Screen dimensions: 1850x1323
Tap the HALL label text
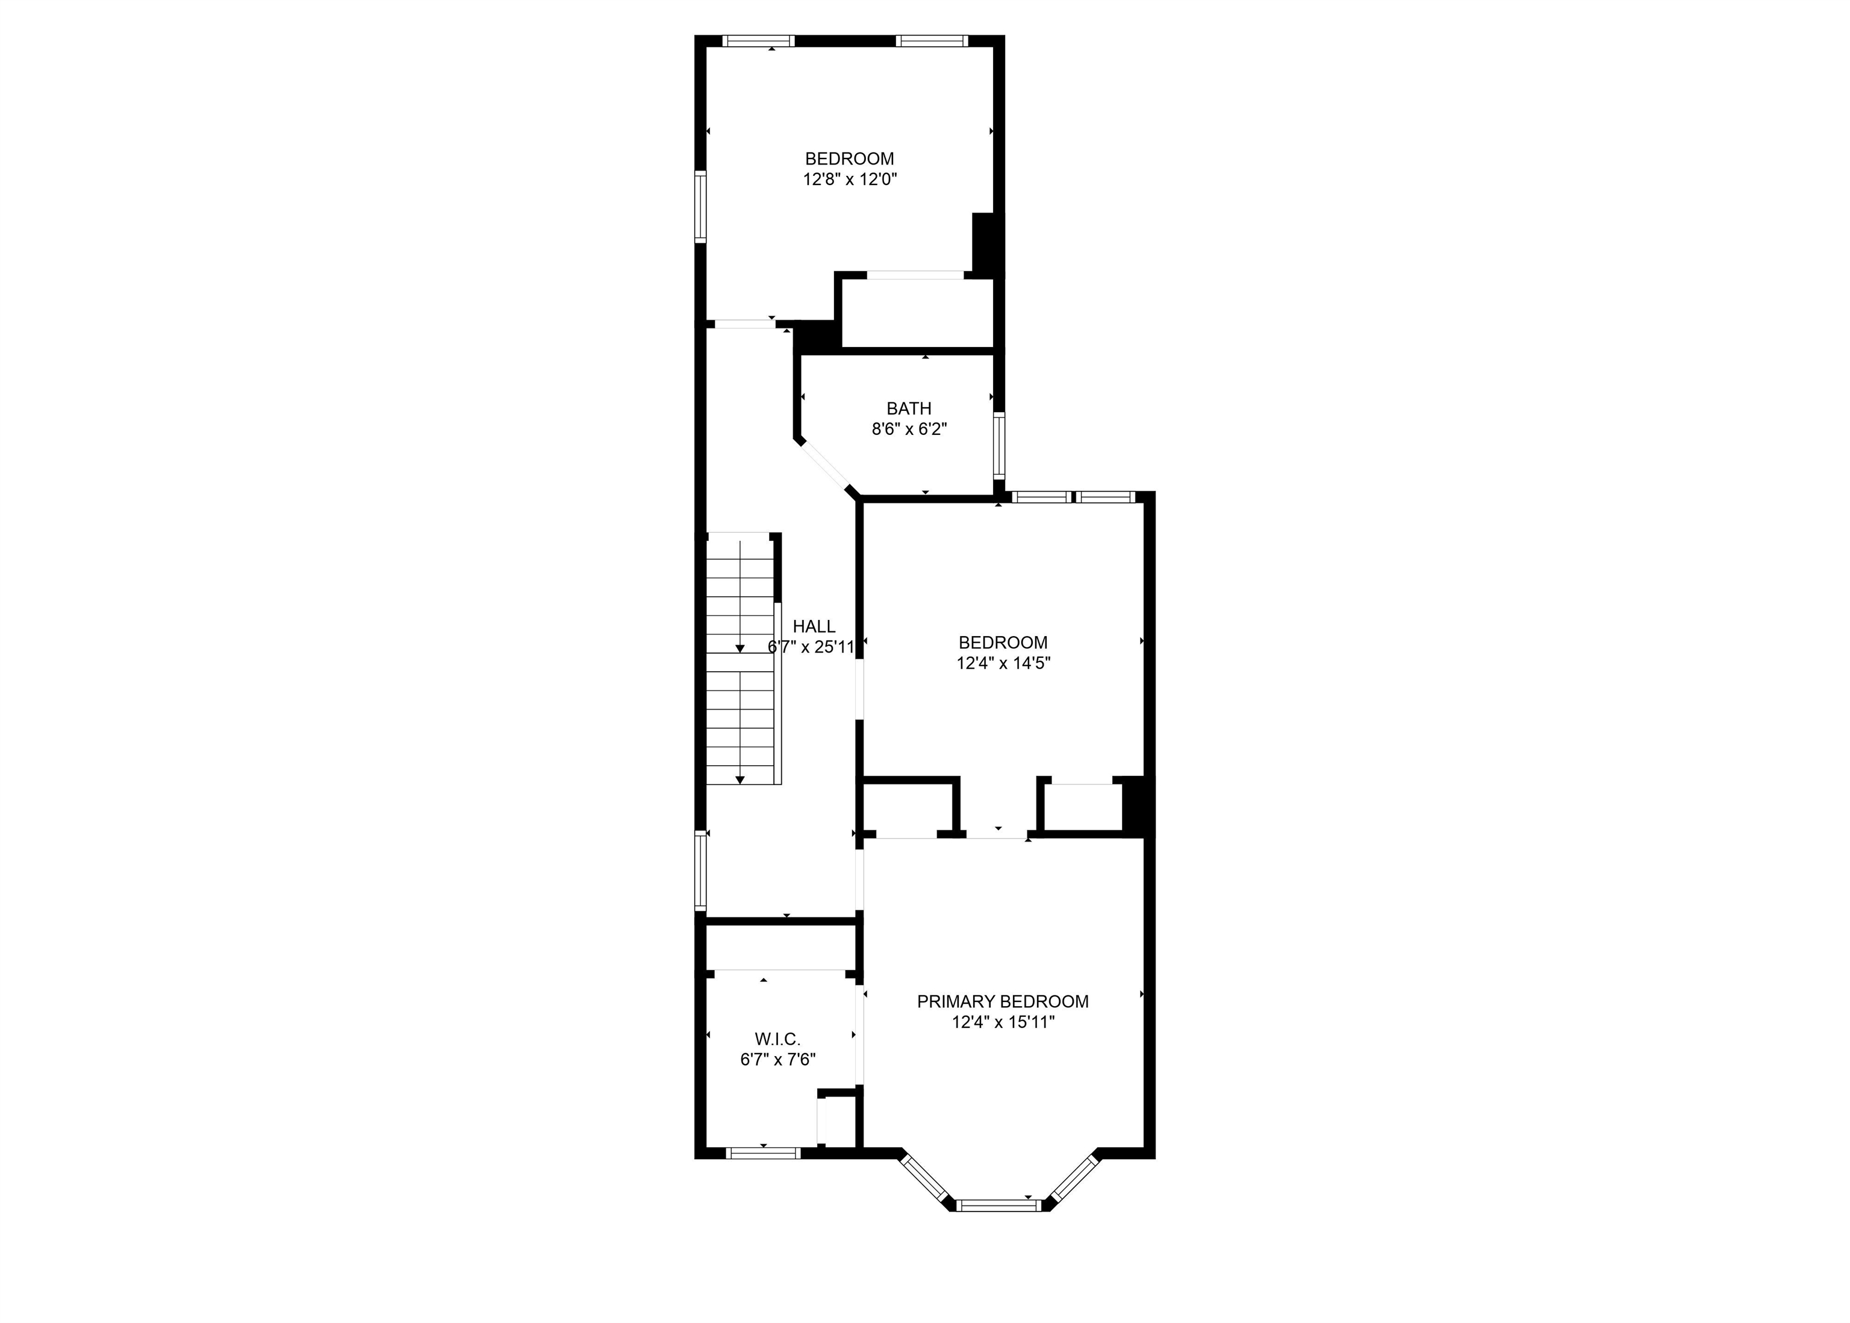tap(814, 626)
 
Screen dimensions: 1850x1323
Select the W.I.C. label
tap(777, 1039)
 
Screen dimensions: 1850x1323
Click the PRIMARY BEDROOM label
tap(1002, 1001)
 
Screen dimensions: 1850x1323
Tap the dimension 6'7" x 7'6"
tap(777, 1059)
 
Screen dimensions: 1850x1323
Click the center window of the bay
tap(998, 1205)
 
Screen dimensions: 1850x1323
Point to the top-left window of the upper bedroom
tap(758, 41)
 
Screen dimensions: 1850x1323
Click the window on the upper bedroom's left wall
tap(700, 207)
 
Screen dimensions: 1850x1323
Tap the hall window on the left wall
tap(700, 869)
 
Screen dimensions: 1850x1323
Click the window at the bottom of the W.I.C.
tap(763, 1152)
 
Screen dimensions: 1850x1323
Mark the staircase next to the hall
tap(740, 659)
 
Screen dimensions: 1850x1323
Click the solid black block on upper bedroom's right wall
tap(983, 242)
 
